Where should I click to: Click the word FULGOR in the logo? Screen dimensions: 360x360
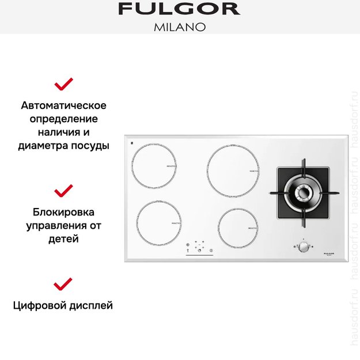(179, 9)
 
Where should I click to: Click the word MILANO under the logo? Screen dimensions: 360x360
(179, 26)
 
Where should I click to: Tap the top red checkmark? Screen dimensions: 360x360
(63, 84)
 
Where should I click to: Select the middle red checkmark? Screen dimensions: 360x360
(63, 190)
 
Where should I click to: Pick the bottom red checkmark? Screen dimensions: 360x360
(63, 283)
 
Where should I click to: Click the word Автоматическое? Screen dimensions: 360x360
(63, 105)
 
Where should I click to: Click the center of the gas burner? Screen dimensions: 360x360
(303, 193)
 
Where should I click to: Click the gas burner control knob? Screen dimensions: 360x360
(302, 247)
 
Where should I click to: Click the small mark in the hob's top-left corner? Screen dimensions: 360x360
(132, 143)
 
